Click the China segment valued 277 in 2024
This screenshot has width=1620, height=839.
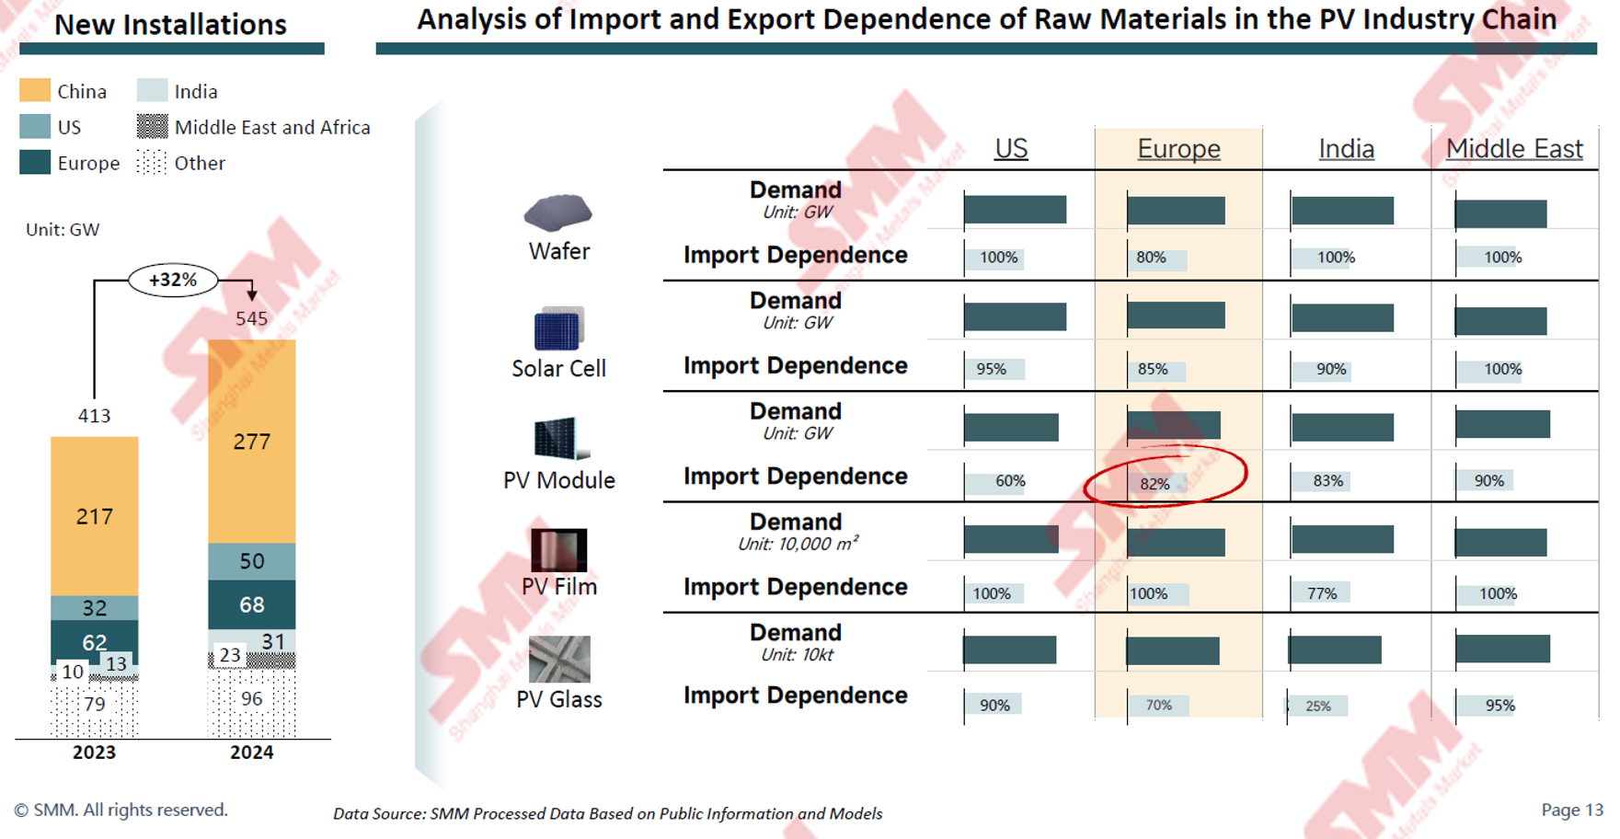pos(251,442)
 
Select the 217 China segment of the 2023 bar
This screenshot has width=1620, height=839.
pos(94,516)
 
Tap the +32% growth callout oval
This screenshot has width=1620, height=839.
pos(173,280)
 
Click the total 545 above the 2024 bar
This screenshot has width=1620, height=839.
pos(251,318)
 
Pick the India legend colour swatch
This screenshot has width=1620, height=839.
pos(152,90)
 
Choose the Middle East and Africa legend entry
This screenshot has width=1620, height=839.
pos(271,127)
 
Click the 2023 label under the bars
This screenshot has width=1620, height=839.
pos(94,753)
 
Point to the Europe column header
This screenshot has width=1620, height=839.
pos(1178,148)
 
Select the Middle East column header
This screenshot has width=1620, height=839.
pos(1513,148)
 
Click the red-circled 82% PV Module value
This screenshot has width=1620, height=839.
pos(1155,483)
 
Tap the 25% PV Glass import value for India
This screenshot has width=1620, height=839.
pos(1318,706)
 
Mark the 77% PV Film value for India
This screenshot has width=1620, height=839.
pos(1322,593)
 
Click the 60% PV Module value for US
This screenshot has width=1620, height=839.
pos(1010,481)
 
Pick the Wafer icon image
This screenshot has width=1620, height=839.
pos(557,213)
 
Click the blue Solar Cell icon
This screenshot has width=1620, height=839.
pos(558,329)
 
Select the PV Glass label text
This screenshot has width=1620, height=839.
pos(559,699)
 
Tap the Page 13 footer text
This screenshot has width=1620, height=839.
pos(1571,810)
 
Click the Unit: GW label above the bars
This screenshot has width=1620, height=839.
pos(63,230)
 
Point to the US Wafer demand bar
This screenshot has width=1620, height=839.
pos(1015,210)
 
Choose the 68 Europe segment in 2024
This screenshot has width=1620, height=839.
pos(251,604)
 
